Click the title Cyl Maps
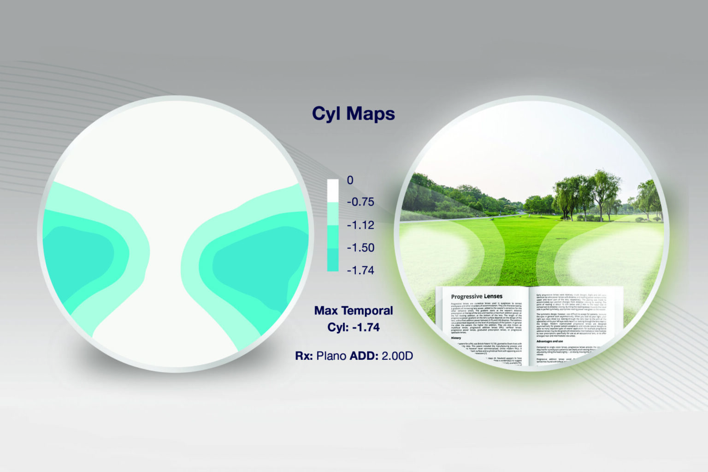point(353,114)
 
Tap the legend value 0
point(350,180)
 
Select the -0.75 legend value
point(360,202)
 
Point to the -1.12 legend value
point(360,225)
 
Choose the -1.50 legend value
point(360,248)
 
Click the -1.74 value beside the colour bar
point(360,270)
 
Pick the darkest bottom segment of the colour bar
point(333,260)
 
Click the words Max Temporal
point(354,311)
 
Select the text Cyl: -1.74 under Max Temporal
point(354,327)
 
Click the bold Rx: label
point(304,356)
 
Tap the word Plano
point(331,356)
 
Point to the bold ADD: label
point(364,356)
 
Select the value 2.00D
point(397,356)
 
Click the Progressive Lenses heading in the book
point(477,296)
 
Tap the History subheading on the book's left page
point(456,338)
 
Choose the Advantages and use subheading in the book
point(549,341)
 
